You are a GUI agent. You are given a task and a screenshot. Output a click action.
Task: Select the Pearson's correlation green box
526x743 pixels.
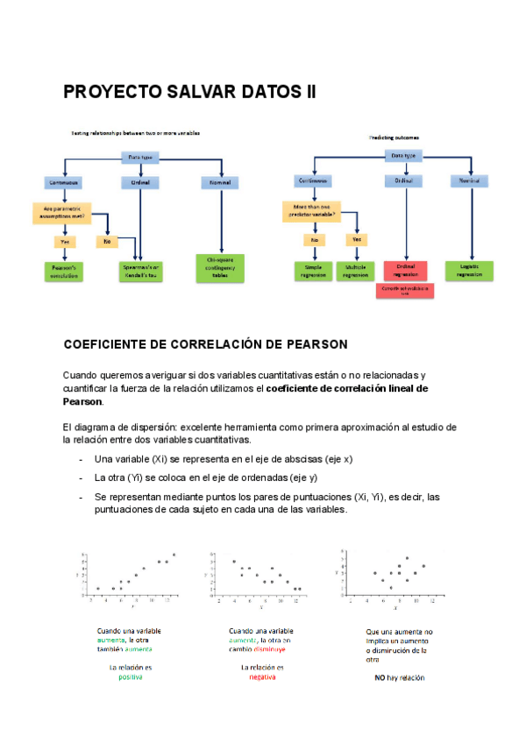coord(64,270)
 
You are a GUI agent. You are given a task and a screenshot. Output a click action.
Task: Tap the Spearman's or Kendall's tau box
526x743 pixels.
coord(142,270)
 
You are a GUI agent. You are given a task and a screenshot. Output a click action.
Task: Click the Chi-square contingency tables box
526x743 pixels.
coord(219,267)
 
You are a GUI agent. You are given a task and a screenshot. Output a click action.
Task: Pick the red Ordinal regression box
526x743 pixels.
coord(406,269)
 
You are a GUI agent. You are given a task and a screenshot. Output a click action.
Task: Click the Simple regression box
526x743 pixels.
coord(313,270)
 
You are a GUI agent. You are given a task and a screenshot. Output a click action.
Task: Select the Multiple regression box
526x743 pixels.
coord(355,270)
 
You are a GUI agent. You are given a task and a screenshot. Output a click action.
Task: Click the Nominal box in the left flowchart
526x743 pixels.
coord(219,182)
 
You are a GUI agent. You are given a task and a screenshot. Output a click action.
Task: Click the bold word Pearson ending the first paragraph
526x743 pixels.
coord(82,401)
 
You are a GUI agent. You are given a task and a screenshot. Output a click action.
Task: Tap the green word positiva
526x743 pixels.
coord(130,677)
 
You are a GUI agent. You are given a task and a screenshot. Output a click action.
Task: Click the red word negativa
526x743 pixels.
coord(262,677)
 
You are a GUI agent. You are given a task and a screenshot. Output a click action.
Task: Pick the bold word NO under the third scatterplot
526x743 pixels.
coord(380,677)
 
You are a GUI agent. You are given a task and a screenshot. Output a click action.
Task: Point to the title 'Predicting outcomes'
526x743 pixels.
coord(394,138)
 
